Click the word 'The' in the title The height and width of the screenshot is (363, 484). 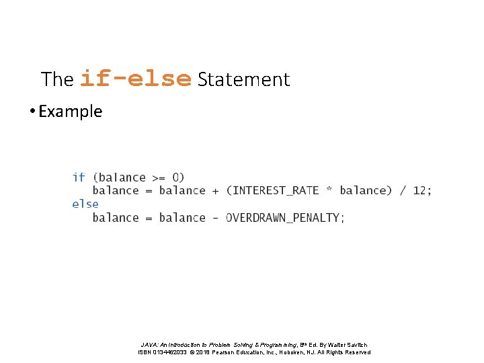click(57, 79)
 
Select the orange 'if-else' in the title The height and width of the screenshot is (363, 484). click(136, 79)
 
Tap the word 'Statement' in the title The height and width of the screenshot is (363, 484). click(243, 79)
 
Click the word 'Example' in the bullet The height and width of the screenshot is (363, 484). click(71, 111)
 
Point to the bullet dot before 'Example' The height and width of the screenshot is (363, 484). click(32, 112)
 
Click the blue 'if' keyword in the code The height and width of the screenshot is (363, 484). click(79, 177)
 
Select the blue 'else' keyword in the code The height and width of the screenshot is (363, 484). click(85, 204)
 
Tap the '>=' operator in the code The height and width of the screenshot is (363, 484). click(159, 177)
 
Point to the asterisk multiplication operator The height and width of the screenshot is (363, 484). click(329, 190)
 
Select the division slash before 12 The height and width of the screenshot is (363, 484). click(402, 190)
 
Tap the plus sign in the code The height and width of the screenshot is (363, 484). click(216, 190)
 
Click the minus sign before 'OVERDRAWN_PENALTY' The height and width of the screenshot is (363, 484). click(216, 217)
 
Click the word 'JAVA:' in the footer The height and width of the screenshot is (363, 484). click(151, 345)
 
